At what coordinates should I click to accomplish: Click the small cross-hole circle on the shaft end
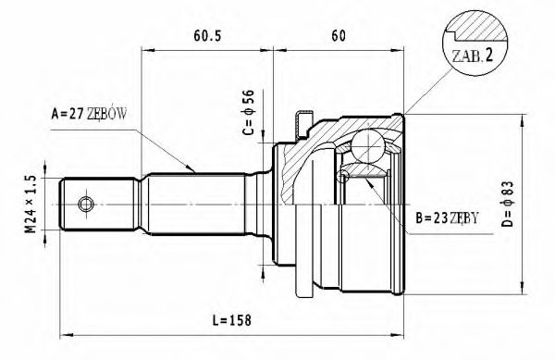pos(86,204)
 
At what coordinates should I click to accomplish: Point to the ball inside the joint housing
pos(367,147)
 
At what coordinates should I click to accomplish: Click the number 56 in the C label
pos(248,98)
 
